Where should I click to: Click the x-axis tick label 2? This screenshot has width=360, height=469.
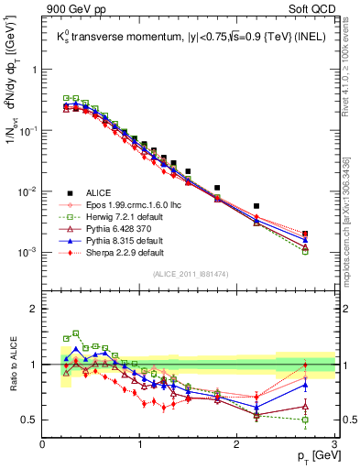pyautogui.click(x=238, y=444)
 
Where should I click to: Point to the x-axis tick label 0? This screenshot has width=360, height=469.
pyautogui.click(x=43, y=444)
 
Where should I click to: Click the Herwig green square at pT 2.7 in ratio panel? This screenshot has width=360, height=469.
pyautogui.click(x=305, y=420)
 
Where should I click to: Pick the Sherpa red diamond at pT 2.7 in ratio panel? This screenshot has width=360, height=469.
pyautogui.click(x=305, y=365)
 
